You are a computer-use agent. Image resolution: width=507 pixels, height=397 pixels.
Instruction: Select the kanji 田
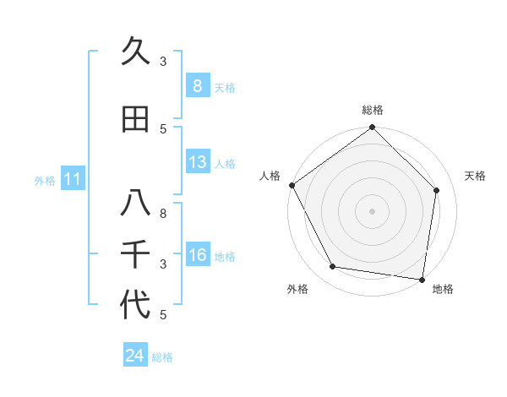tap(135, 120)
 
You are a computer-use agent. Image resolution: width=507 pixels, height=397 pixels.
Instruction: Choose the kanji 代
tap(135, 305)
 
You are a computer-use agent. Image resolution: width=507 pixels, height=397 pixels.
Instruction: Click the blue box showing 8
tap(197, 85)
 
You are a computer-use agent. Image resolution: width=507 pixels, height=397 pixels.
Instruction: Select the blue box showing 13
tap(197, 162)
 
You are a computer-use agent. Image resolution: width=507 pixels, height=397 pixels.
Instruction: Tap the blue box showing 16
tap(197, 256)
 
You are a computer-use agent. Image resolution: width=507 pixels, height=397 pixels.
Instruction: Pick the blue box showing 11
tap(72, 179)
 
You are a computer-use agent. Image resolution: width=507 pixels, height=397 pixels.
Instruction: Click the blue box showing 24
tap(134, 356)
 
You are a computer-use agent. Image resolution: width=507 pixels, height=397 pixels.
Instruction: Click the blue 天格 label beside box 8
tap(225, 87)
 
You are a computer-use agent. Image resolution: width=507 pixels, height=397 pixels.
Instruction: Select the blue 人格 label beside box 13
tap(225, 164)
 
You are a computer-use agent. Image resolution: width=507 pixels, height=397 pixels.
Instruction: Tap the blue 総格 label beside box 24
tap(162, 357)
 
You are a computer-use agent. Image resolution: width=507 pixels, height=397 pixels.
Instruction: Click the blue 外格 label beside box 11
tap(44, 180)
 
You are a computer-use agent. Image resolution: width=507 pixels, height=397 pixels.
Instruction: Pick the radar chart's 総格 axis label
tap(373, 110)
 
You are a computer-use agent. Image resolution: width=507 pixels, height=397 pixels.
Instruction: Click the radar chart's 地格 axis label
tap(443, 289)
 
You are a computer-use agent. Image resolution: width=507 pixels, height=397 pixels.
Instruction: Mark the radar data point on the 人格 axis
tap(292, 185)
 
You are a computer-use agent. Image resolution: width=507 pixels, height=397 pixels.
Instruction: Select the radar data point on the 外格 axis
tap(333, 267)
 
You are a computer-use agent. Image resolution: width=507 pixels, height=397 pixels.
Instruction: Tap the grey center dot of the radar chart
tap(373, 211)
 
